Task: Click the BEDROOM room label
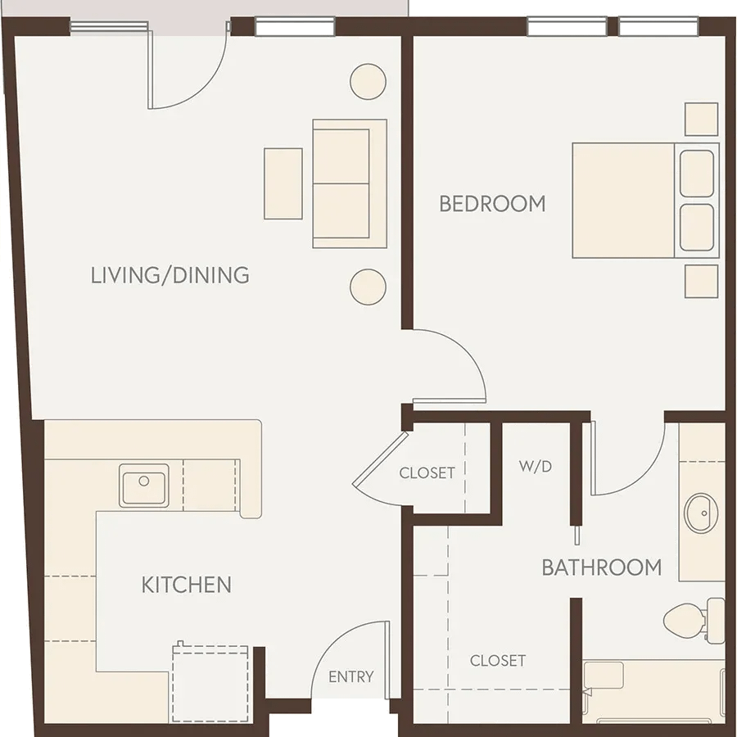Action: (x=492, y=204)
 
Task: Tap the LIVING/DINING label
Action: (x=170, y=275)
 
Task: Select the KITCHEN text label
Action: (x=186, y=585)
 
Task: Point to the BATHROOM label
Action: (x=602, y=567)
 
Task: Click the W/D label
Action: (x=536, y=466)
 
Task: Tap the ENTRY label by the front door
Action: (x=351, y=677)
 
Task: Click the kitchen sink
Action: (x=144, y=486)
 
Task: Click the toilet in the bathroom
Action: (x=694, y=621)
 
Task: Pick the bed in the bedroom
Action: (x=646, y=201)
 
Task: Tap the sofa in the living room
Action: (x=350, y=183)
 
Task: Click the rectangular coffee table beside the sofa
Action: (x=283, y=183)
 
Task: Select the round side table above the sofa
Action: (x=368, y=82)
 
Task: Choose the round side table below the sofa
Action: (x=368, y=287)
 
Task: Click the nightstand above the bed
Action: (x=701, y=120)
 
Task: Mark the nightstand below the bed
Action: (x=701, y=282)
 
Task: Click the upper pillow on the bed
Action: (x=697, y=174)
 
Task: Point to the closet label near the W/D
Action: (x=427, y=472)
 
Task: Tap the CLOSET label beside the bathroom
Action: (x=498, y=661)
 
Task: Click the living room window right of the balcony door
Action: (x=295, y=27)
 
